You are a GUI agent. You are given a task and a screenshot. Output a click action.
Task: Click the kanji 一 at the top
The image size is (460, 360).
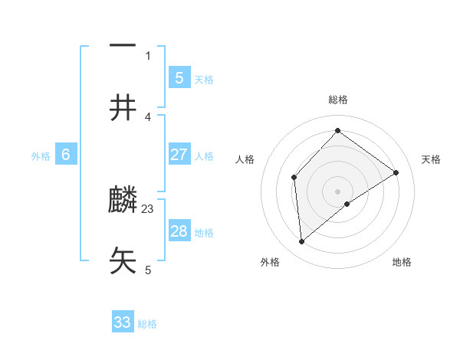tap(123, 44)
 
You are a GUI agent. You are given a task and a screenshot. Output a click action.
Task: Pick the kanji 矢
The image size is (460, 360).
tap(123, 261)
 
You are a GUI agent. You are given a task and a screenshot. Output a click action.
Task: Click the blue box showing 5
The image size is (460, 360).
tap(179, 77)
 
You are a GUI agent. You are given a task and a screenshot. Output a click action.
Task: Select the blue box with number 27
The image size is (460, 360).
tap(179, 155)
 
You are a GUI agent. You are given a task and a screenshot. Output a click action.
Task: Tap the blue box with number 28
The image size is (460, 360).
tap(179, 231)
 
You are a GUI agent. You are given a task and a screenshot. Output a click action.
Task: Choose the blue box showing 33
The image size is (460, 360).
tap(123, 322)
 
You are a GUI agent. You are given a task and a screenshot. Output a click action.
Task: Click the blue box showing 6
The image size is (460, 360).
tap(66, 155)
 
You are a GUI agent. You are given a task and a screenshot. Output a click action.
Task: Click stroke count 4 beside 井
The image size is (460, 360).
tap(148, 116)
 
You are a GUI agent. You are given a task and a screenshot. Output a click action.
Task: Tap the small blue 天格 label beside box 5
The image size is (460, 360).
tap(204, 79)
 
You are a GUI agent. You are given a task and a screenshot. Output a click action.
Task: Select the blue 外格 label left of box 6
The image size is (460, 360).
tap(41, 156)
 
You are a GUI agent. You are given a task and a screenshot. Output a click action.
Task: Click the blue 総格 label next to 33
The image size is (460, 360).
tap(148, 324)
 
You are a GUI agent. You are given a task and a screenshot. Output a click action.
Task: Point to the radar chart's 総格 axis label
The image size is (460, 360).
tap(338, 100)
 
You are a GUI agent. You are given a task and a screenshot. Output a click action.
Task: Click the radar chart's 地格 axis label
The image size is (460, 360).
tap(402, 263)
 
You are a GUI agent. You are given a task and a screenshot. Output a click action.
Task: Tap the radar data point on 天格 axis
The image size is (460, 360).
tap(396, 172)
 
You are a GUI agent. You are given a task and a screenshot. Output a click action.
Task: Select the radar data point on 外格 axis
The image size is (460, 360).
tap(302, 242)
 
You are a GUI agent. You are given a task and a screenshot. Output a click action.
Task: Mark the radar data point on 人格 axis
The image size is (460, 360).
tap(294, 178)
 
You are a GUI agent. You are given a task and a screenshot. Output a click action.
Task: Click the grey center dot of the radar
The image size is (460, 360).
tap(338, 191)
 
